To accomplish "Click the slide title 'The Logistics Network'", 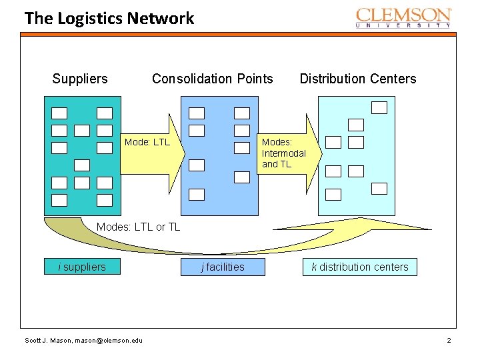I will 109,18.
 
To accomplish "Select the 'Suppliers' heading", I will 80,79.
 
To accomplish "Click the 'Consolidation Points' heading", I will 212,79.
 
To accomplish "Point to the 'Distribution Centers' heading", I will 357,79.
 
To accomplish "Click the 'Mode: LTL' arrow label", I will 147,142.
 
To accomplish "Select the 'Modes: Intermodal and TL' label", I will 283,153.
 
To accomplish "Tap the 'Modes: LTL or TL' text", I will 138,227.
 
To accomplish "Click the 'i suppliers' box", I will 82,267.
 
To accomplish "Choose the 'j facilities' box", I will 223,267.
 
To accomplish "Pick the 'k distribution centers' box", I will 359,267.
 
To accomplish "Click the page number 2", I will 449,341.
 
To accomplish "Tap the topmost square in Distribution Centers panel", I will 379,107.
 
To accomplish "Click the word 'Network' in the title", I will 163,18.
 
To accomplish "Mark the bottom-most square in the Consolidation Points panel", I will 197,194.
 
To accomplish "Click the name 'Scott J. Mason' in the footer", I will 47,341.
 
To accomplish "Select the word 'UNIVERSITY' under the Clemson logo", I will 403,25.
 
